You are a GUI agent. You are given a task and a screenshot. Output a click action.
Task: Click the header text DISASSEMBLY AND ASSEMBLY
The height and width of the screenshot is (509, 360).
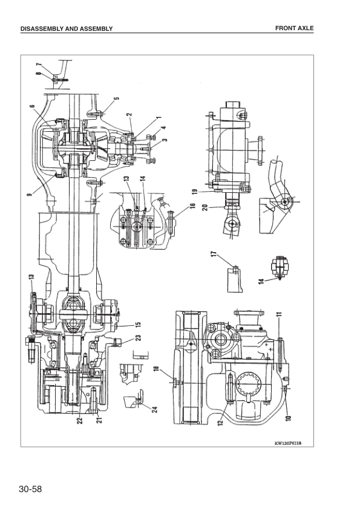[67, 28]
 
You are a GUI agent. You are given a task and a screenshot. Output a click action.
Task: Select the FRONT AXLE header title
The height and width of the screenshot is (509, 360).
[294, 28]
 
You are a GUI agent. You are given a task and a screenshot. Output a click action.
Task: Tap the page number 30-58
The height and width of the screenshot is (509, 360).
[30, 487]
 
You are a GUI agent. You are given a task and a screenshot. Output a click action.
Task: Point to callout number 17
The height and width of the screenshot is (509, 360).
[214, 255]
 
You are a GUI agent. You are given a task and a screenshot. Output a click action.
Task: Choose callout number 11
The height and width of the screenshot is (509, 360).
[280, 315]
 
